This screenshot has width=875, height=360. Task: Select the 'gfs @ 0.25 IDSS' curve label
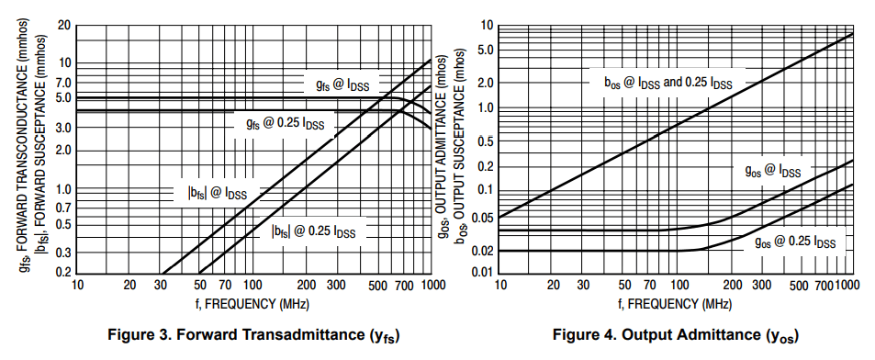[285, 123]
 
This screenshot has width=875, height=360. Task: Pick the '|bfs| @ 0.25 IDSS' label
[318, 231]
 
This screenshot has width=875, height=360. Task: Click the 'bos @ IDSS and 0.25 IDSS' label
[667, 83]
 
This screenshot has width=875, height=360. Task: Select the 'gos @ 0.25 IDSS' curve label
[794, 242]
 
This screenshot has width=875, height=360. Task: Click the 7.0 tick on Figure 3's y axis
[62, 83]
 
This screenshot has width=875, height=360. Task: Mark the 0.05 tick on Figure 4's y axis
[482, 218]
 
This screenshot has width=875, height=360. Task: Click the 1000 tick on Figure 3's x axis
[432, 286]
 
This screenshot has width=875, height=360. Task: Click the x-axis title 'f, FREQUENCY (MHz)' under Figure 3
[255, 302]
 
